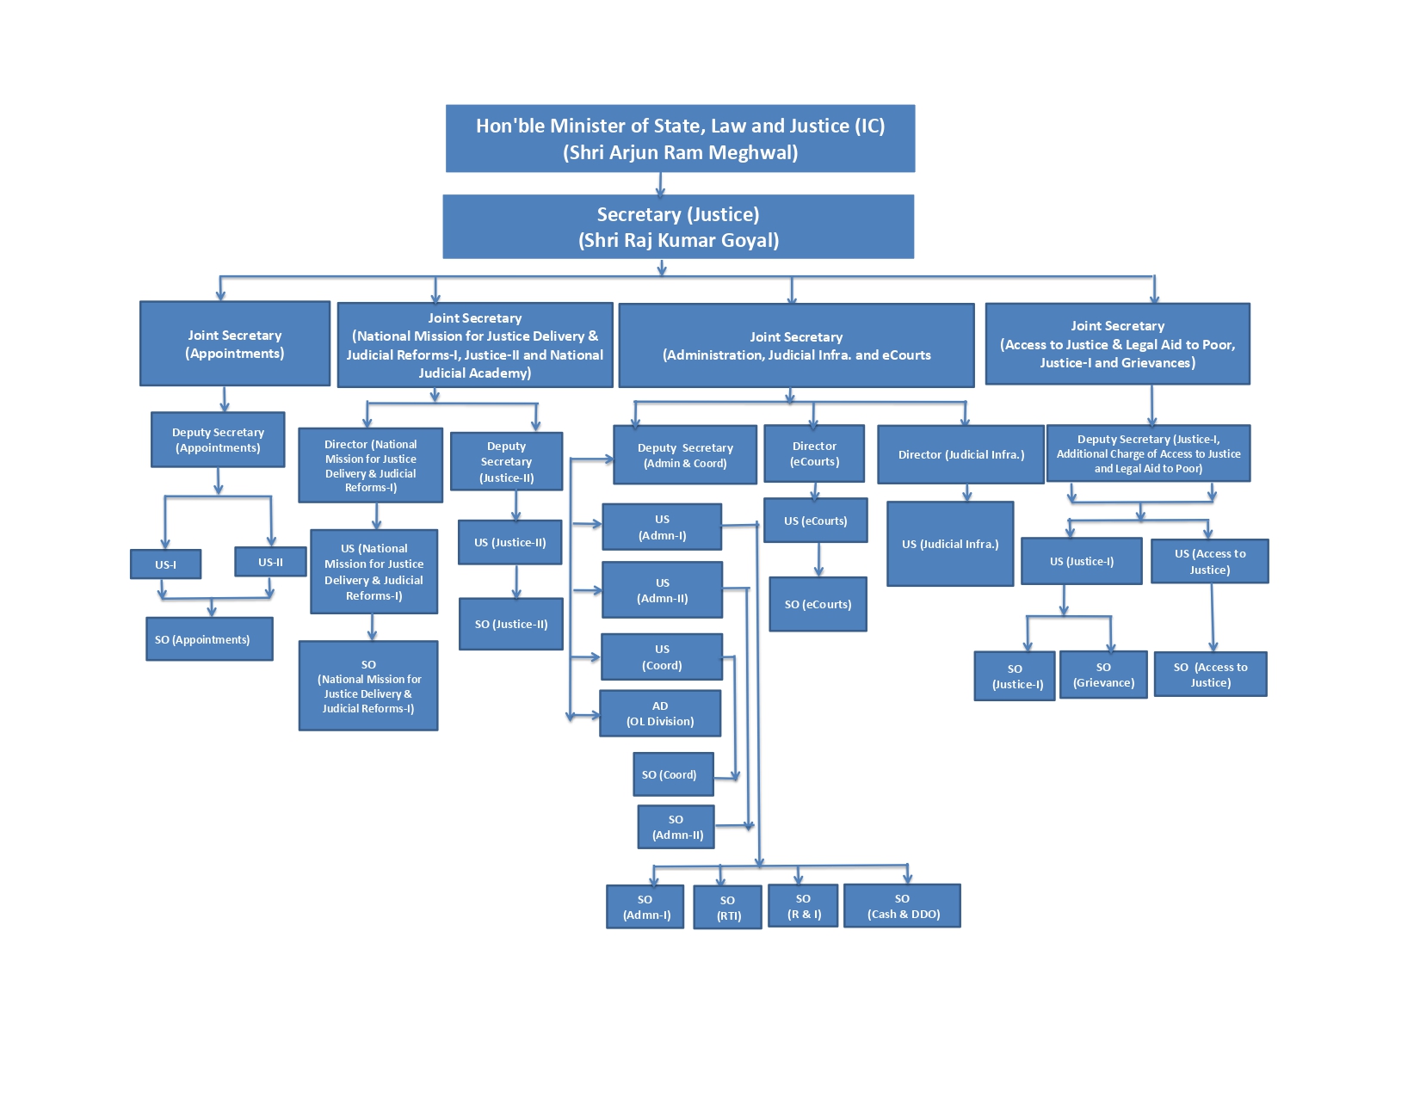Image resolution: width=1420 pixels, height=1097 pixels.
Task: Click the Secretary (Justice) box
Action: point(678,226)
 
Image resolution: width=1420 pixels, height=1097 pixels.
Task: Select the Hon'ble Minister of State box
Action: point(680,139)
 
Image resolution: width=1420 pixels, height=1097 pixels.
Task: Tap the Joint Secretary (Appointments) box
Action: point(235,343)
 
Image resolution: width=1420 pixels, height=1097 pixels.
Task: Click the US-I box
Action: point(166,564)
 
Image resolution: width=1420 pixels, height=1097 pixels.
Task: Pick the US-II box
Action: point(270,562)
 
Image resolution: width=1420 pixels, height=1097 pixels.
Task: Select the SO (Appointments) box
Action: point(209,639)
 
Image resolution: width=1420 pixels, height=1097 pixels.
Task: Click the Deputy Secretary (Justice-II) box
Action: point(506,461)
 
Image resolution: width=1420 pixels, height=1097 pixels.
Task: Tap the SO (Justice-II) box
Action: point(511,624)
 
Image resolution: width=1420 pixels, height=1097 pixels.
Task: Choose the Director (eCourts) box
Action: point(814,453)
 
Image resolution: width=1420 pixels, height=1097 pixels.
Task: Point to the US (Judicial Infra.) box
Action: point(950,544)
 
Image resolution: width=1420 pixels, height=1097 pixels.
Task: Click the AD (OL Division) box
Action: point(660,713)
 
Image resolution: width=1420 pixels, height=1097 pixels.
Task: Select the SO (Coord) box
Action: point(670,774)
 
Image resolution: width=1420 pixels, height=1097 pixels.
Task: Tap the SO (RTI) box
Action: point(728,908)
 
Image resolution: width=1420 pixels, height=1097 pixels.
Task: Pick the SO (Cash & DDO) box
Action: point(902,906)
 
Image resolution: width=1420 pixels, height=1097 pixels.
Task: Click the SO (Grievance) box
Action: point(1103,675)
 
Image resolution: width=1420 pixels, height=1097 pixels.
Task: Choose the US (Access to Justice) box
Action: point(1209,561)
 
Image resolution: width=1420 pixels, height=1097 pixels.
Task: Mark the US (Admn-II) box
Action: point(662,590)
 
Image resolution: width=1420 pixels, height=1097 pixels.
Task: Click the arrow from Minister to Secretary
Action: point(660,184)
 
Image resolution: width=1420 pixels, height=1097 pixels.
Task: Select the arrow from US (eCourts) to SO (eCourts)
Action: point(818,560)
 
